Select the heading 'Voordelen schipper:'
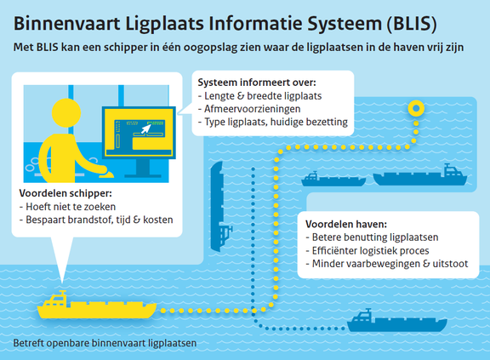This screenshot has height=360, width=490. (x=68, y=192)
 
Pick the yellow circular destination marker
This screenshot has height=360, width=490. (x=415, y=108)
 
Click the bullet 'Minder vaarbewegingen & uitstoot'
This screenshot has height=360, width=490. (x=390, y=265)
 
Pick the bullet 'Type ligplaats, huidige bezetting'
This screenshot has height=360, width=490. (x=274, y=123)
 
